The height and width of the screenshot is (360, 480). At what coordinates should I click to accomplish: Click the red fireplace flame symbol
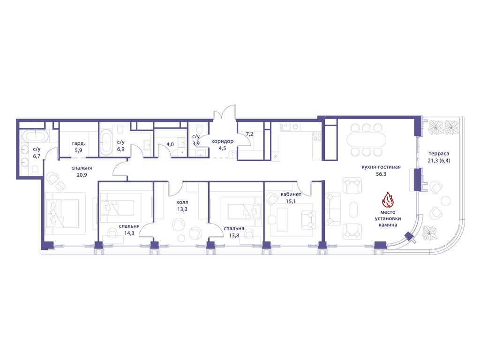[x=388, y=200]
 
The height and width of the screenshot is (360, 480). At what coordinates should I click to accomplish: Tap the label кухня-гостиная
[x=381, y=167]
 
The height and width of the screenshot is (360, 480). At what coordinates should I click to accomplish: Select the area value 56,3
[x=381, y=174]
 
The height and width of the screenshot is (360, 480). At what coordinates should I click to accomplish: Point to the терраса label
[x=439, y=154]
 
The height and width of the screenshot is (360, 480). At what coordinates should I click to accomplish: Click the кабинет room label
[x=291, y=195]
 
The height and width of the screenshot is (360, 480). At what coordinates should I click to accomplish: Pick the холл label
[x=182, y=202]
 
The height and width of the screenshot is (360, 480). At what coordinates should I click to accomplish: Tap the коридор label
[x=222, y=142]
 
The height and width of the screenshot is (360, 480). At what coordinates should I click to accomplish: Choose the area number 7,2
[x=249, y=134]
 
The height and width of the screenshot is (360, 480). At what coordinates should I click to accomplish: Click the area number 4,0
[x=170, y=144]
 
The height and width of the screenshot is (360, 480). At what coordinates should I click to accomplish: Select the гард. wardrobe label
[x=78, y=143]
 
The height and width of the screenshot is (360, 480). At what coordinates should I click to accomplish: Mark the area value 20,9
[x=82, y=175]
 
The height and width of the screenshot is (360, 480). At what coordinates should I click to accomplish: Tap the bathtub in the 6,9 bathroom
[x=106, y=142]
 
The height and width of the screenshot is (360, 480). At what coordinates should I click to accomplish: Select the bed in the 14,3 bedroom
[x=117, y=208]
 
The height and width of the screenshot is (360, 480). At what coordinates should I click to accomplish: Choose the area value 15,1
[x=291, y=201]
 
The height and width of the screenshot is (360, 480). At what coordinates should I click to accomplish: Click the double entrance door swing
[x=225, y=113]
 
